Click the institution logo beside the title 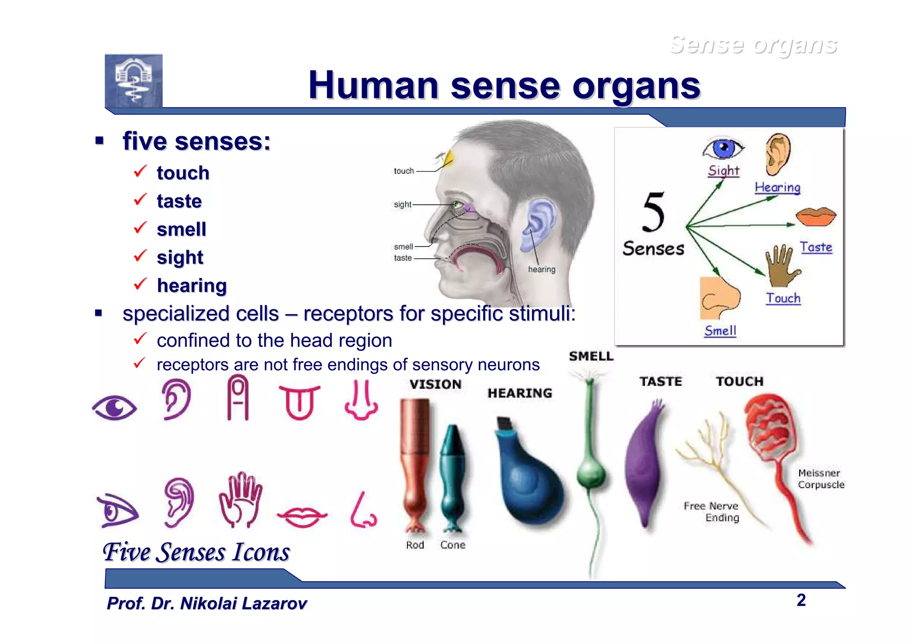pyautogui.click(x=134, y=81)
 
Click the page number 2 pyautogui.click(x=801, y=600)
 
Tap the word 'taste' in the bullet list pyautogui.click(x=179, y=201)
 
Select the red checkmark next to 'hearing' pyautogui.click(x=140, y=284)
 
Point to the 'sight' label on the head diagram pyautogui.click(x=402, y=204)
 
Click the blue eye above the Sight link pyautogui.click(x=723, y=148)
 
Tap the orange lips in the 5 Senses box pyautogui.click(x=816, y=217)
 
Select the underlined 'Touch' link pyautogui.click(x=783, y=298)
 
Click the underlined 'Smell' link pyautogui.click(x=720, y=331)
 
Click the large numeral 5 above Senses pyautogui.click(x=653, y=213)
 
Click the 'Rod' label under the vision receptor pyautogui.click(x=415, y=545)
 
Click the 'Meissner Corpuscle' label pyautogui.click(x=820, y=479)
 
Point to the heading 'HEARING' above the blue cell pyautogui.click(x=520, y=393)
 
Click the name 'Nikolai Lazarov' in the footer pyautogui.click(x=243, y=603)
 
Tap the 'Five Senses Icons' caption pyautogui.click(x=196, y=552)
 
